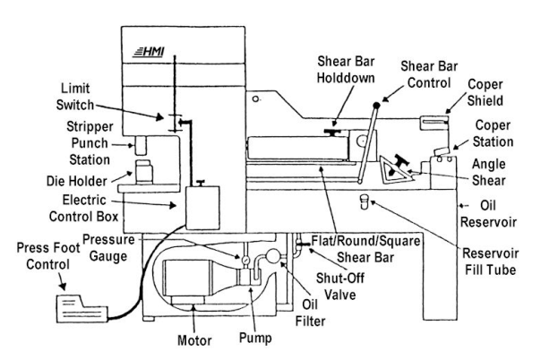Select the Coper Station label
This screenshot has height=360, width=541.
point(494,134)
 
